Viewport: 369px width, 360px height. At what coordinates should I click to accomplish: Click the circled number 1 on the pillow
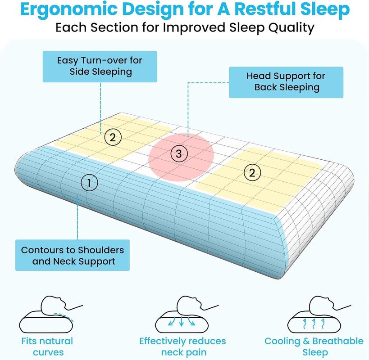pyautogui.click(x=89, y=183)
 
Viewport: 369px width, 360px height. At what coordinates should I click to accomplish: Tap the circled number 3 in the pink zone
pyautogui.click(x=179, y=154)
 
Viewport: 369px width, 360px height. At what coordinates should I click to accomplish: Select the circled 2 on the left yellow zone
pyautogui.click(x=113, y=137)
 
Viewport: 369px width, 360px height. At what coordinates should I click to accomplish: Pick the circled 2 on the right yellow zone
pyautogui.click(x=252, y=173)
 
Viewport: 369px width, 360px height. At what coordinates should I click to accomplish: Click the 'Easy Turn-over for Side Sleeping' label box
pyautogui.click(x=100, y=67)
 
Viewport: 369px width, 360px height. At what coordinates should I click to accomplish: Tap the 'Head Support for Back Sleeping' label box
pyautogui.click(x=286, y=82)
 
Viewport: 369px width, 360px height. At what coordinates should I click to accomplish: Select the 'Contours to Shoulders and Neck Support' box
pyautogui.click(x=73, y=255)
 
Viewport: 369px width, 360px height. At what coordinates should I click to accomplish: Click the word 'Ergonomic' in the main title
pyautogui.click(x=69, y=9)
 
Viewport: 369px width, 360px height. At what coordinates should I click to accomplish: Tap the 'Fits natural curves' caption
pyautogui.click(x=47, y=346)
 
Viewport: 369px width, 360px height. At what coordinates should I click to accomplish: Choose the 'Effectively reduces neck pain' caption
pyautogui.click(x=182, y=346)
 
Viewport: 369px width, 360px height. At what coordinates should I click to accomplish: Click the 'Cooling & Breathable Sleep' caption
pyautogui.click(x=314, y=346)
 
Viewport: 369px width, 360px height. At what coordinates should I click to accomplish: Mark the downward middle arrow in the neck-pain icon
pyautogui.click(x=181, y=321)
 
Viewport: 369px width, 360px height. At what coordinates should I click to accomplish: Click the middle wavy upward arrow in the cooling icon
pyautogui.click(x=314, y=324)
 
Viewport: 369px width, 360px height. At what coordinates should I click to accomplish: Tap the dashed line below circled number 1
pyautogui.click(x=77, y=216)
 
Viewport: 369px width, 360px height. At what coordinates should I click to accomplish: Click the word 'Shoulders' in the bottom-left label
pyautogui.click(x=101, y=250)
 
